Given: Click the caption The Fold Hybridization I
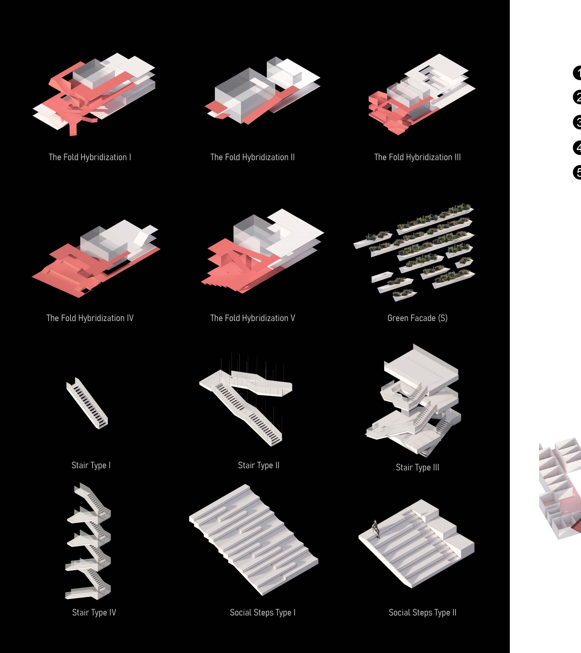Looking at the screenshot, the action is pos(90,157).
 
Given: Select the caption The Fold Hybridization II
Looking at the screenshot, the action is pos(252,157).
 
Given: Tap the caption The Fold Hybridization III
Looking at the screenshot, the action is pos(417,157).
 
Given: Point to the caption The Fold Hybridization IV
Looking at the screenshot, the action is pos(90,318).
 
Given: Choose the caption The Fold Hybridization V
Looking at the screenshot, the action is pos(252,318).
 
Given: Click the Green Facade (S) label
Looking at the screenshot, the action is pos(417,318).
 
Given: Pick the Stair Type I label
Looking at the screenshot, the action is pos(91,465).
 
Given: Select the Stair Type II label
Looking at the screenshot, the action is pos(258,465).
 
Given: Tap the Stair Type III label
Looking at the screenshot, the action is pos(417,467).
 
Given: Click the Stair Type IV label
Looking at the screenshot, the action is pos(94,612).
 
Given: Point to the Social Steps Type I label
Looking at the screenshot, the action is pos(263,612).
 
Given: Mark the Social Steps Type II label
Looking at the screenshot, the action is pos(422,612).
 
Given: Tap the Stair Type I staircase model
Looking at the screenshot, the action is pos(87,403).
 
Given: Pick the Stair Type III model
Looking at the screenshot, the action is pos(416,403).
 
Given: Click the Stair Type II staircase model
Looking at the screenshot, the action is pos(246,403).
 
